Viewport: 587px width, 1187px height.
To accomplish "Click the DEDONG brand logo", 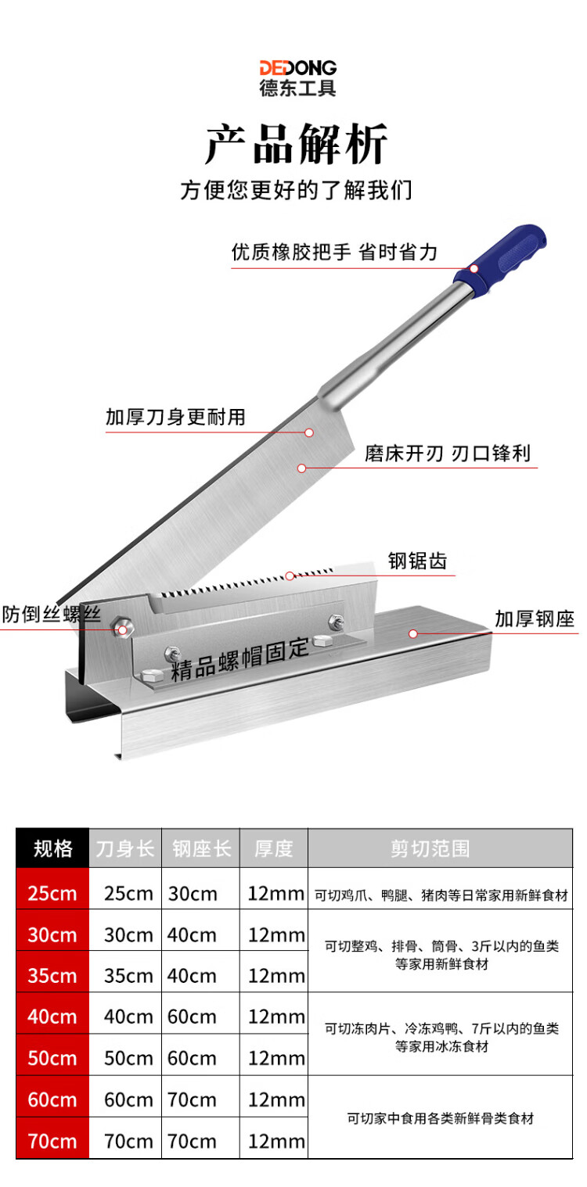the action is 297,78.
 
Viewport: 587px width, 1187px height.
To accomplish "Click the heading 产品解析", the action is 297,144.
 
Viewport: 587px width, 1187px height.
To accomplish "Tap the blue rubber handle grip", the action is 500,260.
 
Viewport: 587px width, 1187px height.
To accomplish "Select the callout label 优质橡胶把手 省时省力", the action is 334,253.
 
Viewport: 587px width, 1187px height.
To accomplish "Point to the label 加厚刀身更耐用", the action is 175,417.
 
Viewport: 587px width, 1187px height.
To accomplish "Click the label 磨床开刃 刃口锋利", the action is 448,454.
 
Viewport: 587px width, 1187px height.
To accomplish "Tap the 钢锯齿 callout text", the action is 417,561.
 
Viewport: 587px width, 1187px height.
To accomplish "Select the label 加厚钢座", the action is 535,619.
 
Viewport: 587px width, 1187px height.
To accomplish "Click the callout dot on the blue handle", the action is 474,269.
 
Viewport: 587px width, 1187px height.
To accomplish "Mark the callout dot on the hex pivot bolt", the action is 123,630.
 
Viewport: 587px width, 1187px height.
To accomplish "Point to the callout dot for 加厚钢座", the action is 413,634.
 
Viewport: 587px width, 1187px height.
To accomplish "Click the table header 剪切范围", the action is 430,848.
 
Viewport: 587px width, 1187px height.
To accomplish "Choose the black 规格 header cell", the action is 52,848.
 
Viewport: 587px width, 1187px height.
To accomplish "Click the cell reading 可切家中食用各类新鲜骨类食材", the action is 440,1118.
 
